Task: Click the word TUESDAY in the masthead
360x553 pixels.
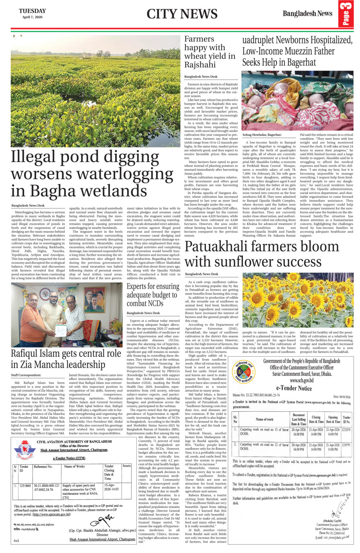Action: click(32, 11)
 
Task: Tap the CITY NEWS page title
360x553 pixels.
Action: click(182, 14)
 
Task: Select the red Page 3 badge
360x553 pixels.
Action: click(346, 14)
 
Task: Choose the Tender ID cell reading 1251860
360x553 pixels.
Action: click(25, 486)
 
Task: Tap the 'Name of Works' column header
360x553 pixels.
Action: click(74, 467)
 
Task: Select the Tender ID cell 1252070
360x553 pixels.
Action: click(346, 429)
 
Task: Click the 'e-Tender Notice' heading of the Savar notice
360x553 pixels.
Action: click(294, 388)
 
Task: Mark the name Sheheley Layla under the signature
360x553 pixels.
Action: click(328, 521)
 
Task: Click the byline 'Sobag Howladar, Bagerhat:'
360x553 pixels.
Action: click(262, 135)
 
